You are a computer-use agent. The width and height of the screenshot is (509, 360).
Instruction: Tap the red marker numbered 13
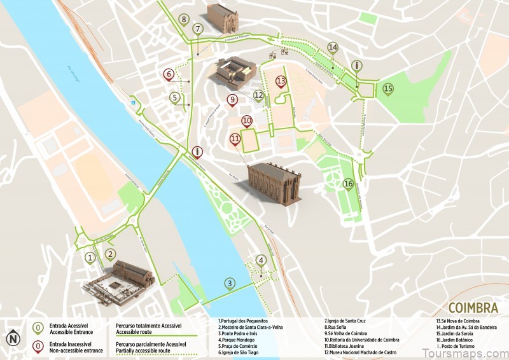281,81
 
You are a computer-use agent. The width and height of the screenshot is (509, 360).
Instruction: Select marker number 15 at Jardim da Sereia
387,89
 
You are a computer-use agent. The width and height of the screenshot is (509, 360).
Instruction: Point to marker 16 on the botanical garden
348,184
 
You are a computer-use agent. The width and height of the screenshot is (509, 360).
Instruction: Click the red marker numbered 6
169,74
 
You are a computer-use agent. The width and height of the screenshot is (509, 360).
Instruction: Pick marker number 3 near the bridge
229,283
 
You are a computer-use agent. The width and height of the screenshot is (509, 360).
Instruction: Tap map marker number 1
90,258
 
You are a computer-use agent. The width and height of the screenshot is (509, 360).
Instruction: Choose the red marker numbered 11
235,139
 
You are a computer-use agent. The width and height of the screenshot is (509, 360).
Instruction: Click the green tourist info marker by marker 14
358,66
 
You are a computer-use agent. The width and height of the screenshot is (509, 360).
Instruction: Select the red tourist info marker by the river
198,152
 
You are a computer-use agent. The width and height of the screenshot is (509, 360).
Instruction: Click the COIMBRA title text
473,308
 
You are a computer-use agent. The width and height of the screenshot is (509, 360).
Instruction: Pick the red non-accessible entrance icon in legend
38,347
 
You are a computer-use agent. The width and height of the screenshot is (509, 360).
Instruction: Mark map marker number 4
260,260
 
